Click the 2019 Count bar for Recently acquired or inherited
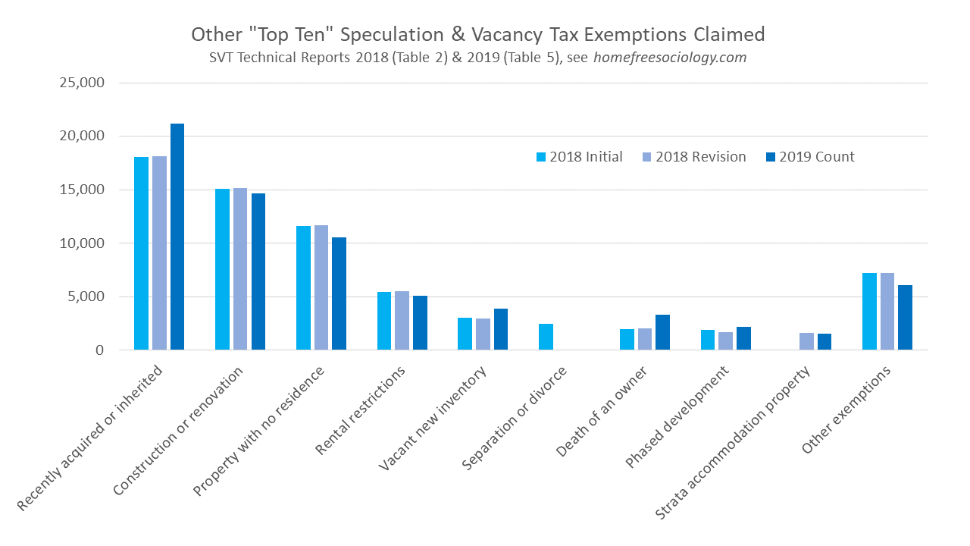point(177,237)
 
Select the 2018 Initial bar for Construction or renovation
point(222,269)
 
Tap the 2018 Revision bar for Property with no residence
point(321,287)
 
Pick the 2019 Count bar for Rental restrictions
point(420,323)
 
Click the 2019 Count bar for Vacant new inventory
point(501,329)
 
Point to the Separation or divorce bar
point(546,337)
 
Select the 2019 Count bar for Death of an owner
point(662,332)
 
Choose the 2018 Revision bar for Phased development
point(725,341)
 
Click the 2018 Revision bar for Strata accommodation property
point(806,341)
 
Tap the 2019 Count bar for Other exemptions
point(905,318)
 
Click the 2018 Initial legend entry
point(579,157)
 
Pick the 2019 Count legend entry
point(811,157)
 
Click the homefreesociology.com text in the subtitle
point(670,58)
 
